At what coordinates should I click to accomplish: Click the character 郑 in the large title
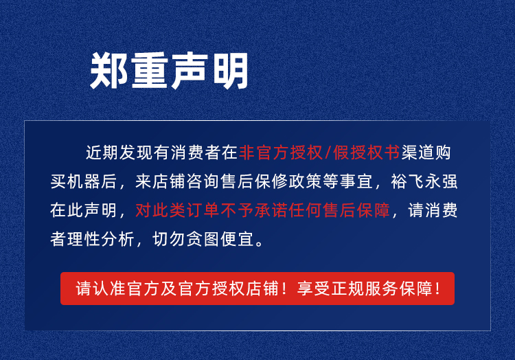(108, 70)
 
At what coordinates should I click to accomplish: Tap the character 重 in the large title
(150, 70)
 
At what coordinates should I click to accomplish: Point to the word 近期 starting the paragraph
(102, 153)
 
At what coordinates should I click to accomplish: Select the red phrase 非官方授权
(280, 153)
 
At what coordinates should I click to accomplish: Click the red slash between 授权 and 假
(328, 153)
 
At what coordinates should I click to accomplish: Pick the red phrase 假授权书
(366, 153)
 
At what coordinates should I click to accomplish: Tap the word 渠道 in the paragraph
(417, 153)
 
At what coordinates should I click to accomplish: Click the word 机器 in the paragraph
(83, 181)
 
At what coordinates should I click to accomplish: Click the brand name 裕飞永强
(424, 181)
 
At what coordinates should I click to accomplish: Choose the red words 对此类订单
(177, 210)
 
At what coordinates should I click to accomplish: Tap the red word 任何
(306, 210)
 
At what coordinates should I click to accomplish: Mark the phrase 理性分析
(100, 239)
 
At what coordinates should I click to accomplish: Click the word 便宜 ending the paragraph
(238, 239)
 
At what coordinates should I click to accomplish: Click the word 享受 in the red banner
(314, 289)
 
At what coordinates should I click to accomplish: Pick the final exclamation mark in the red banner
(437, 289)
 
